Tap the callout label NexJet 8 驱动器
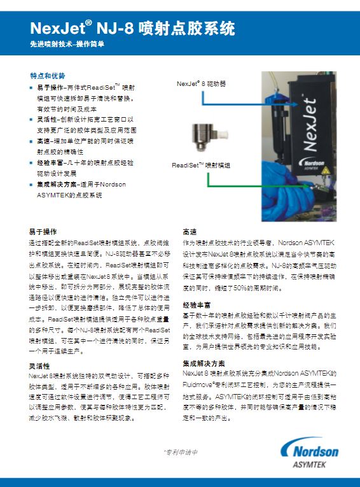(201, 83)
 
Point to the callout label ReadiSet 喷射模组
(202, 165)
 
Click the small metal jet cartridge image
(205, 135)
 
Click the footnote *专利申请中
(181, 453)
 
